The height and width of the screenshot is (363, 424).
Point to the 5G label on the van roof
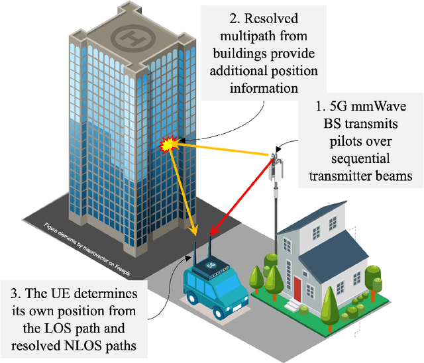click(211, 264)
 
